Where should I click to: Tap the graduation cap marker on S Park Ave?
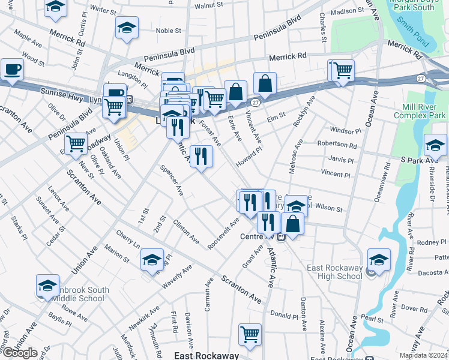click(435, 145)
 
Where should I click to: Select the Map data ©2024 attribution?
click(423, 355)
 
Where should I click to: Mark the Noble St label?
click(168, 31)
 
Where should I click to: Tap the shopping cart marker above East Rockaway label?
click(250, 334)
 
